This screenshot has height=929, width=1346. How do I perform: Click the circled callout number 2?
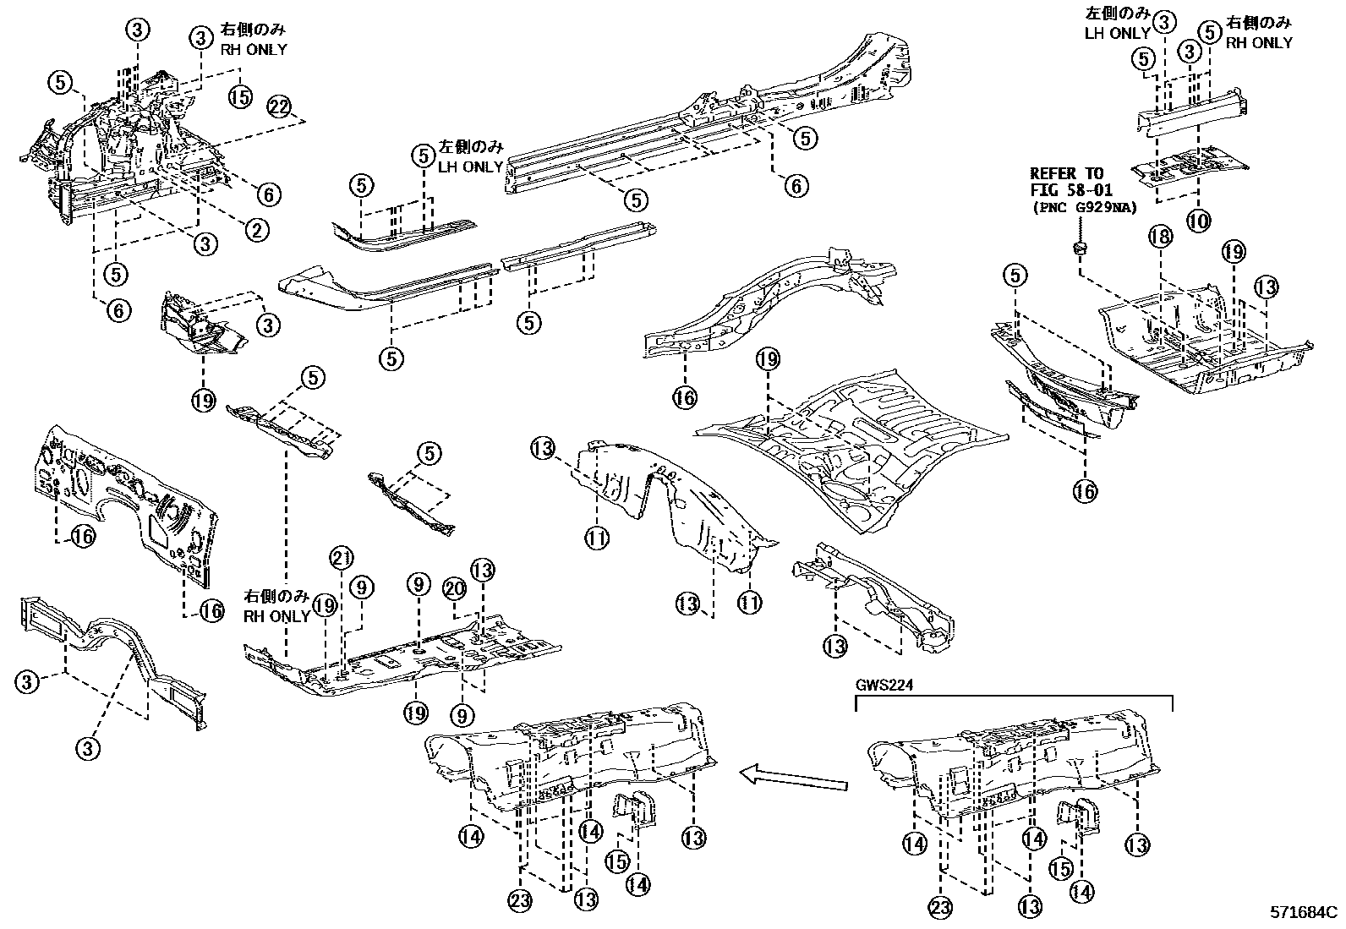tap(257, 229)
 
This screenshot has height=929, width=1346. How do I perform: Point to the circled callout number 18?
tap(1161, 237)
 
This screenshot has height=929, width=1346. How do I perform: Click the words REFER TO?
tap(1066, 174)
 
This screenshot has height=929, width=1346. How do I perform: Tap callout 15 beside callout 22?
tap(241, 96)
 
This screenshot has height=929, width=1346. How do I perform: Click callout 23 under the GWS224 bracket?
tap(940, 908)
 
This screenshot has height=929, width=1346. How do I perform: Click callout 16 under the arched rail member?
tap(685, 396)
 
